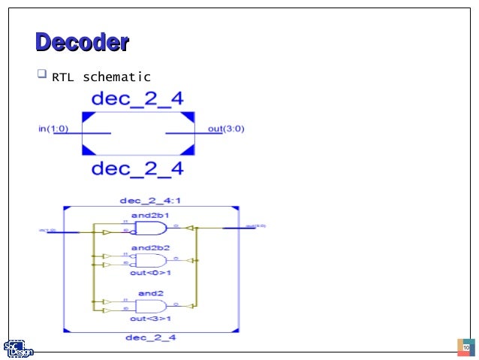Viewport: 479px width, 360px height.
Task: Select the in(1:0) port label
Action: coord(53,129)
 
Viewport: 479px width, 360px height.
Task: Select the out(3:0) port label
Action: coord(226,129)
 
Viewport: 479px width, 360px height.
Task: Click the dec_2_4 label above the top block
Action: coord(137,98)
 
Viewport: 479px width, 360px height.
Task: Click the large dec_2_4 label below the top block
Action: coord(137,168)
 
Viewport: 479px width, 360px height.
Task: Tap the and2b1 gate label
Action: coord(151,216)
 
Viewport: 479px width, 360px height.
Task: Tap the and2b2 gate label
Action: coord(151,247)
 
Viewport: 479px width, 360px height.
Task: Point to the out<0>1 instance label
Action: coord(151,272)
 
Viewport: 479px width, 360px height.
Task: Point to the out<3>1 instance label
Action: coord(151,319)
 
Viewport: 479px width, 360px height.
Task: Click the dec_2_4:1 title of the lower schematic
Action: coord(148,201)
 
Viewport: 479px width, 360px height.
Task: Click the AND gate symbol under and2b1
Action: coord(151,228)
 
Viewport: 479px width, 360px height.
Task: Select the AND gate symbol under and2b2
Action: coord(151,260)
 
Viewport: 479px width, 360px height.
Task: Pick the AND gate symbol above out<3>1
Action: coord(151,306)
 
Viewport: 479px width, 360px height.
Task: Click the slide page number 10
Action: coord(465,348)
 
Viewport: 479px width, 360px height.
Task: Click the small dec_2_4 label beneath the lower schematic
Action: coord(151,337)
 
